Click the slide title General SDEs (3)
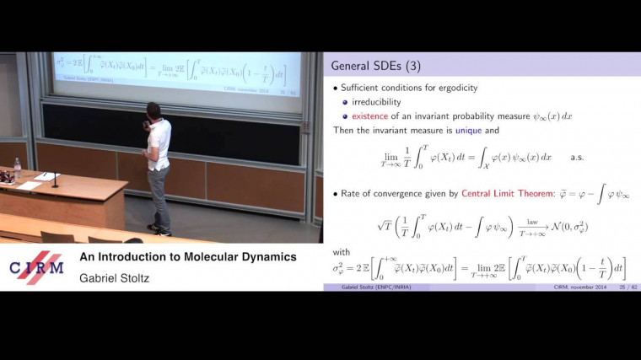(x=376, y=65)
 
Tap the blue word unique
(x=470, y=132)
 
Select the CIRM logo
(x=35, y=268)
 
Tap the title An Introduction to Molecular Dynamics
(x=187, y=256)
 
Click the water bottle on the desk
(x=17, y=168)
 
